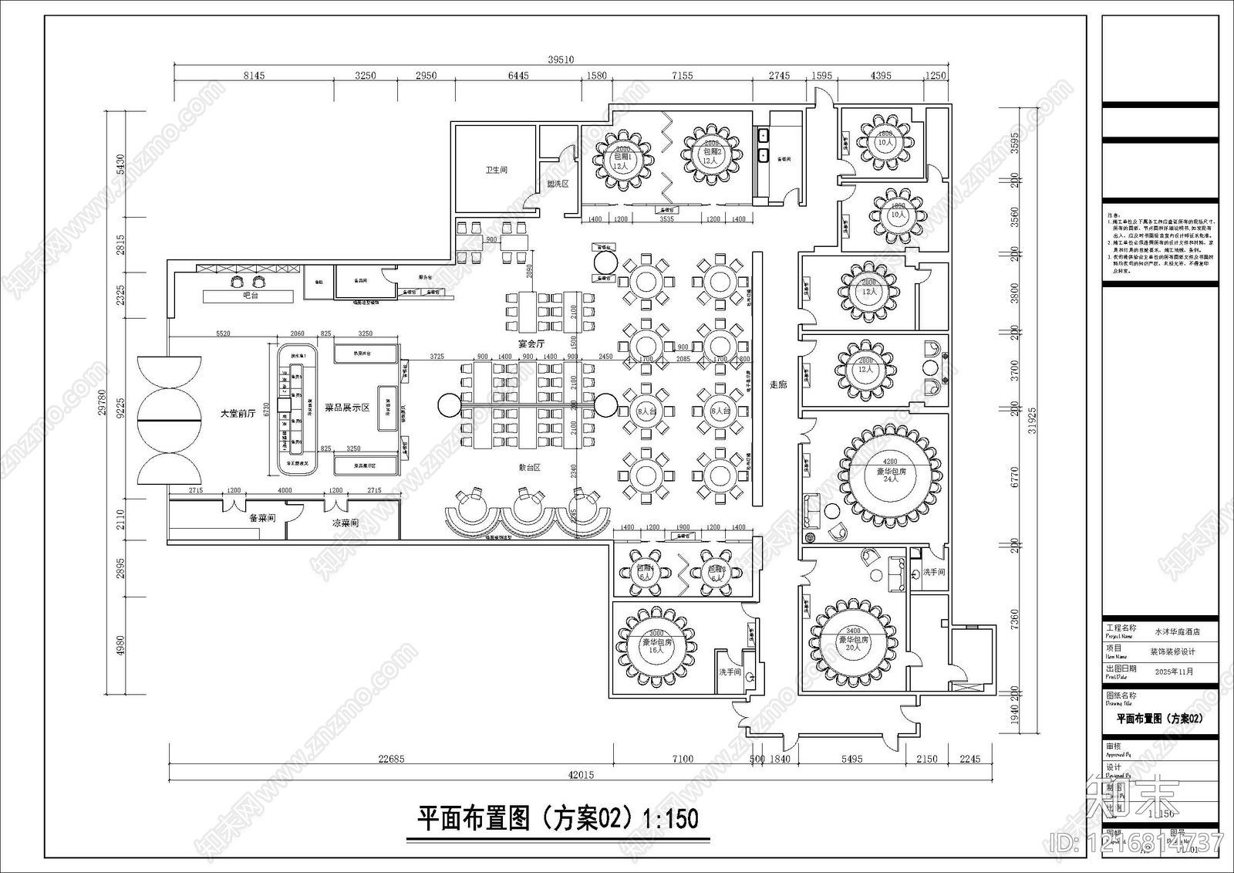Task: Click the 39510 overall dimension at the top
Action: click(561, 59)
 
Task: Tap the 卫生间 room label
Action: click(496, 170)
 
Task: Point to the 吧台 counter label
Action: click(250, 296)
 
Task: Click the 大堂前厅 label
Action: click(238, 414)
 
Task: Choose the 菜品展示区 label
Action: click(347, 408)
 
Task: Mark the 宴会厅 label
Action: click(531, 343)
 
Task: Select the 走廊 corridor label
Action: click(778, 384)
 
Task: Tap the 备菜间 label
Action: click(262, 518)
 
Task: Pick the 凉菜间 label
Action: click(345, 523)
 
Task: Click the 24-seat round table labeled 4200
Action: click(891, 471)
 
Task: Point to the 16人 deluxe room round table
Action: click(656, 645)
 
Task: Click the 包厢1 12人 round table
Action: click(622, 160)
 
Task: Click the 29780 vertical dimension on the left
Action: click(102, 401)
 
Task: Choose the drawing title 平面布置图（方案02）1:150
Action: click(557, 818)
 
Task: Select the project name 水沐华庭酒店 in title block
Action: click(1177, 631)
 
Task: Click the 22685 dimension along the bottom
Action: click(391, 759)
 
